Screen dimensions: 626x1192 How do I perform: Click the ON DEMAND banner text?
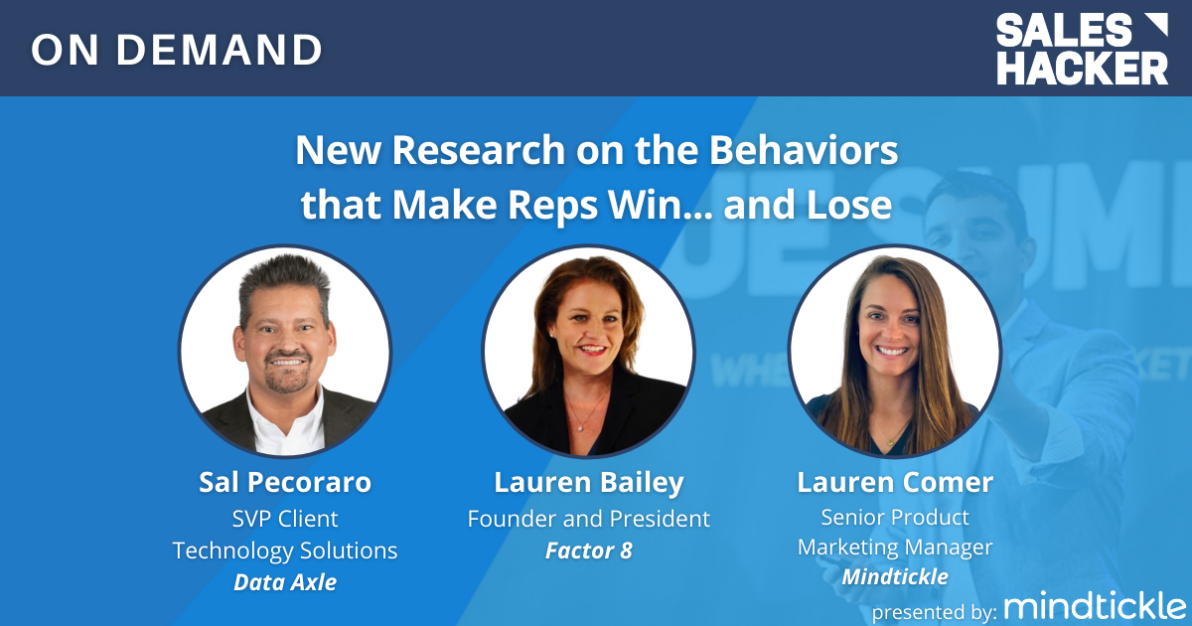point(177,50)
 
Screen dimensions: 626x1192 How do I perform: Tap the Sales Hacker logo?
point(1082,49)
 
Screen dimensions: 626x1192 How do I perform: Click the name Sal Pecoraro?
point(284,483)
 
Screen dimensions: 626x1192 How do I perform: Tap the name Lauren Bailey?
point(589,483)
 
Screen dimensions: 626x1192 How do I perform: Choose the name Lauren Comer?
point(894,483)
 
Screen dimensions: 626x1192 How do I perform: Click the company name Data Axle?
point(284,582)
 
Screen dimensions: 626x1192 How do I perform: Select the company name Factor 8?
point(589,549)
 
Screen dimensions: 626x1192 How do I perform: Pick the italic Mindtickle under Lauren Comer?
point(894,576)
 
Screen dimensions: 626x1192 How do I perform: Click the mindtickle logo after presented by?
point(1095,605)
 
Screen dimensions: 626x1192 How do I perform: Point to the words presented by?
point(934,609)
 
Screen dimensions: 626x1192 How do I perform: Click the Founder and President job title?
point(589,518)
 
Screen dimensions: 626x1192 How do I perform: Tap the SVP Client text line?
point(284,518)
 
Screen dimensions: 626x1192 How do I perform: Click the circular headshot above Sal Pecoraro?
point(285,353)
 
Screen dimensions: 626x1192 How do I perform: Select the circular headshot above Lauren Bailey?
point(589,353)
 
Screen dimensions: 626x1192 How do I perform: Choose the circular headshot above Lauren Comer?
point(894,353)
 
